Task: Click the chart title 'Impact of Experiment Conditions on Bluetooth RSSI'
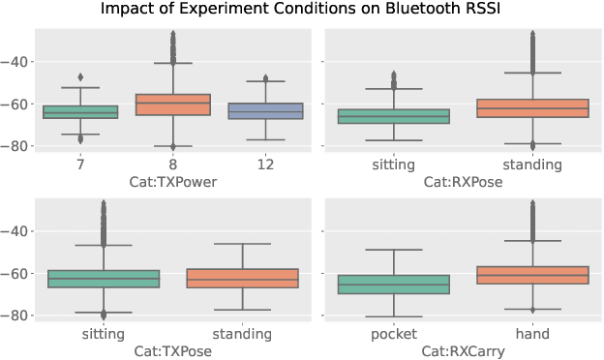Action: coord(302,11)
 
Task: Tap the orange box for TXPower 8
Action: coord(172,105)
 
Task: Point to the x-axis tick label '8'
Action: coord(172,165)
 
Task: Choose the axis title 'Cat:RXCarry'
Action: coord(463,352)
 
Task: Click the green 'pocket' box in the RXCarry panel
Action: coord(394,285)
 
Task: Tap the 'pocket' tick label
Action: coord(394,335)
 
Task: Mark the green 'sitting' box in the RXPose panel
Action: coord(394,116)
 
